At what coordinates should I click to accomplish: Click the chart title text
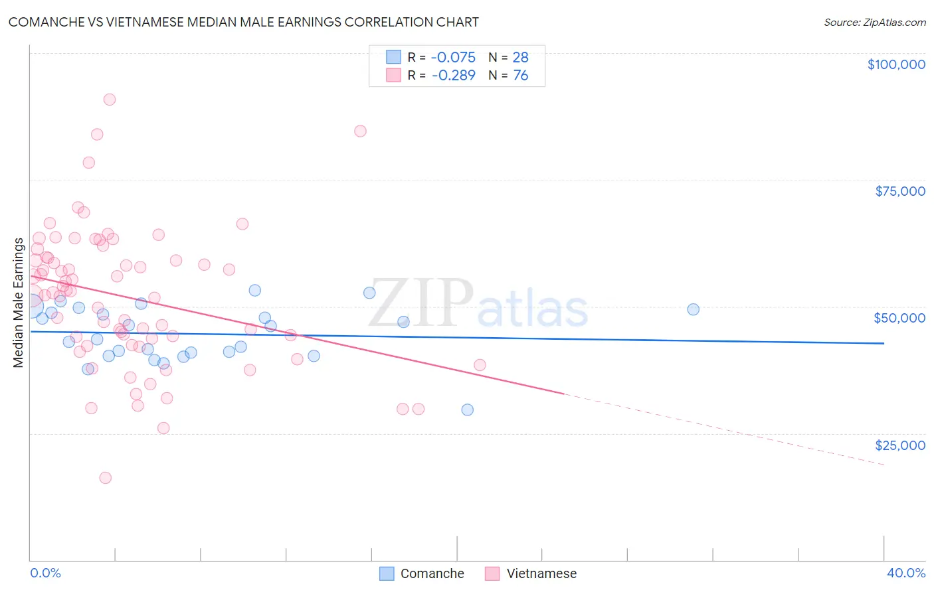[x=243, y=22]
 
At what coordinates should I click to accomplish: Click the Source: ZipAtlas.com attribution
[x=874, y=23]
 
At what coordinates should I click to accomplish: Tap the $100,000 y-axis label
[x=895, y=64]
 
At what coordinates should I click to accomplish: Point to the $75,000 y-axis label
[x=899, y=191]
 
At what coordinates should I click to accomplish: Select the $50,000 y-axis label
[x=899, y=318]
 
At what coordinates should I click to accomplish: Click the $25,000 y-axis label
[x=899, y=445]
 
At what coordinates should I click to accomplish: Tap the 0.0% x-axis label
[x=45, y=573]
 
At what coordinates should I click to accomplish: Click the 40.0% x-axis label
[x=905, y=573]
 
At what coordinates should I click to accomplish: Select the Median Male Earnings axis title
[x=19, y=302]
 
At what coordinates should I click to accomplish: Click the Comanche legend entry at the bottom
[x=422, y=573]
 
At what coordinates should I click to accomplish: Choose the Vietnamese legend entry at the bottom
[x=531, y=573]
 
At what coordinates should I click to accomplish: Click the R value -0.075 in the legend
[x=453, y=58]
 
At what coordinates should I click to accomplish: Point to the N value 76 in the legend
[x=520, y=76]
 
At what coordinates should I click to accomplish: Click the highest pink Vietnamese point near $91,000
[x=110, y=100]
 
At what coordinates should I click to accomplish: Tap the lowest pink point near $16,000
[x=105, y=478]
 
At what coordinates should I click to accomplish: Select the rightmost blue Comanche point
[x=693, y=309]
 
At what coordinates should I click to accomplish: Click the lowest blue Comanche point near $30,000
[x=468, y=410]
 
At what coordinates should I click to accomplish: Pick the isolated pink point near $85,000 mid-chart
[x=360, y=131]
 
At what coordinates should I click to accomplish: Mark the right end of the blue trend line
[x=884, y=343]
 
